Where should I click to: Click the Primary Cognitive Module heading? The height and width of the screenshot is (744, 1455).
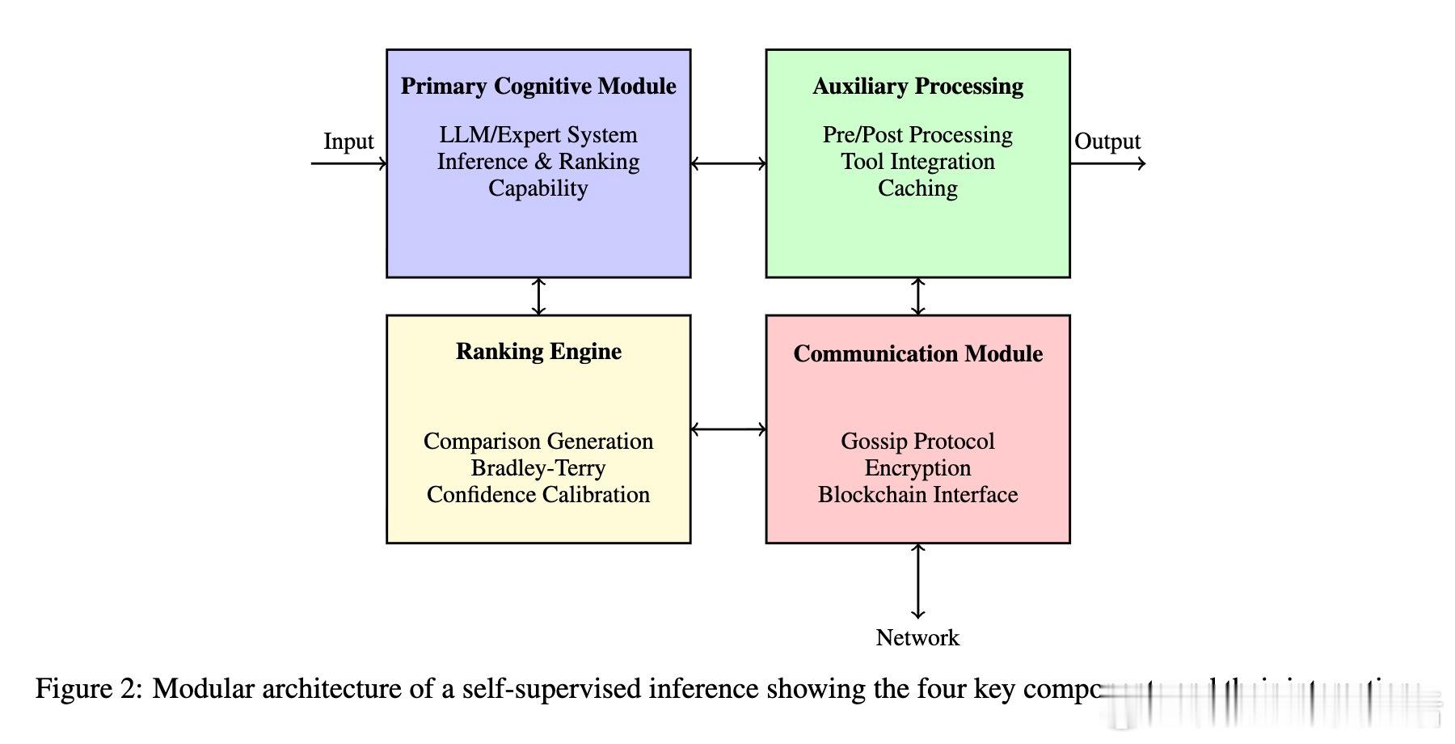click(538, 86)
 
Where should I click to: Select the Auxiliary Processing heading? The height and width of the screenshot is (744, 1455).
click(917, 86)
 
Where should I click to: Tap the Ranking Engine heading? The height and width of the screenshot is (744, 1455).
click(538, 351)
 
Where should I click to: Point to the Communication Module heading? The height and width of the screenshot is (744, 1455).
click(917, 353)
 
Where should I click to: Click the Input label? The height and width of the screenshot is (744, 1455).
click(348, 142)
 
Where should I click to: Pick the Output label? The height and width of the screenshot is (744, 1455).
click(1107, 142)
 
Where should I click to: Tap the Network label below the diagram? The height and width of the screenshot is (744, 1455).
click(917, 637)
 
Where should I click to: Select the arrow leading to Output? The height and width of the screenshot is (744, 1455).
click(1107, 163)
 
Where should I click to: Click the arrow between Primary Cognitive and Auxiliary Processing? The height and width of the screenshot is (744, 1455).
click(728, 163)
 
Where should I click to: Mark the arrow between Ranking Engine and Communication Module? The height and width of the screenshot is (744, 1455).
click(728, 429)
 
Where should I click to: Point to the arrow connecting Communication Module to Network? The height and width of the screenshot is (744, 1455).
click(917, 581)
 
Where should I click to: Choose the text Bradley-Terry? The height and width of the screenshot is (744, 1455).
click(538, 467)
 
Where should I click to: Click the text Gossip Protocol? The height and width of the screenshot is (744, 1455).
click(917, 441)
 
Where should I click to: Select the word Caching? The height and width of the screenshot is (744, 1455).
click(917, 188)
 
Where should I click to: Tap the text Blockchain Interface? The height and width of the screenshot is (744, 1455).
click(917, 494)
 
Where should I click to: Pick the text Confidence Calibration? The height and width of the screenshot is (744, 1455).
click(538, 494)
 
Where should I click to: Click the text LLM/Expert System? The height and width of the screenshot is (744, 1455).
click(538, 134)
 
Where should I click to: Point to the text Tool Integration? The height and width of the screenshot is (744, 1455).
click(917, 161)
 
